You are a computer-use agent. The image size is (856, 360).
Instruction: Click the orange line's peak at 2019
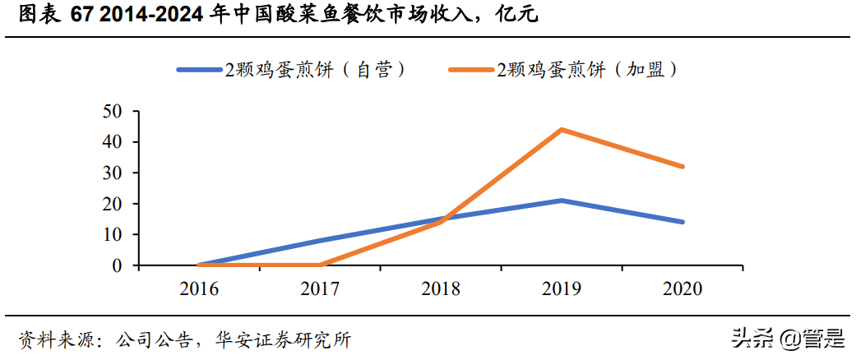click(562, 130)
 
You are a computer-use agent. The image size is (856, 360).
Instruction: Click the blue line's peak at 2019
click(562, 201)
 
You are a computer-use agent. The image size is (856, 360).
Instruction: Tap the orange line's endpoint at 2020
click(682, 167)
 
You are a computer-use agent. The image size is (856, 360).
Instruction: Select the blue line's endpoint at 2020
click(682, 222)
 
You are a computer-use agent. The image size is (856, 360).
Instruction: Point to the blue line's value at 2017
click(320, 241)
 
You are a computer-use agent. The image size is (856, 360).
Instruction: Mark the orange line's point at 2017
click(320, 265)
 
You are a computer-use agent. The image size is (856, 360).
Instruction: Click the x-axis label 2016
click(199, 288)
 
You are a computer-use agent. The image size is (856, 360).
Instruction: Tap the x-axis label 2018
click(441, 288)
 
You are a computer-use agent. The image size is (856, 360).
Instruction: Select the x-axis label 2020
click(682, 288)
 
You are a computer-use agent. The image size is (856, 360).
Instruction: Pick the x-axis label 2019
click(562, 288)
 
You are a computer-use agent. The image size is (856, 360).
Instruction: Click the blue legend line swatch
click(200, 70)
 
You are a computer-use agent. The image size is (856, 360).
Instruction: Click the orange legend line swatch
click(471, 70)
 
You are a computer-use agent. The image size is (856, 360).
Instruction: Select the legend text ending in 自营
click(317, 70)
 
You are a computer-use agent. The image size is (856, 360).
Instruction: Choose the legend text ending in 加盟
click(589, 70)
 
